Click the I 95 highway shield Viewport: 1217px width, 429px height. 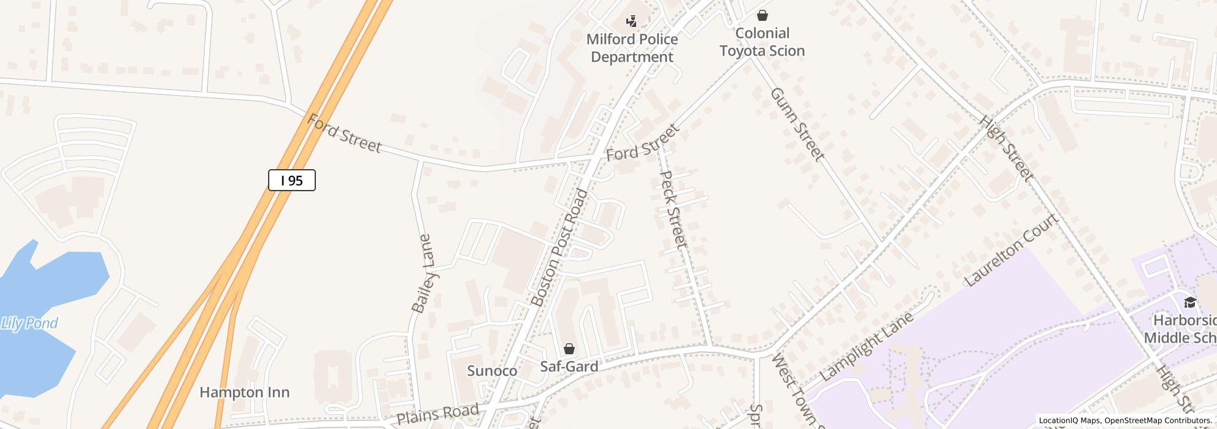click(292, 180)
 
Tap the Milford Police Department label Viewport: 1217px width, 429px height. click(632, 48)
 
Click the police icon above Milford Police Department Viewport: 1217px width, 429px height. click(631, 22)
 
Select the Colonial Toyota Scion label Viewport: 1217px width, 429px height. click(762, 42)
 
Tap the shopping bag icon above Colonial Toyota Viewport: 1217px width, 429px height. click(762, 15)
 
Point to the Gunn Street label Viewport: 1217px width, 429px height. click(796, 124)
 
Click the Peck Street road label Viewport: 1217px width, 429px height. click(672, 210)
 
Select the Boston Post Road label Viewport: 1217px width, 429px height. click(559, 248)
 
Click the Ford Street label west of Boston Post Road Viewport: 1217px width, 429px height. click(344, 133)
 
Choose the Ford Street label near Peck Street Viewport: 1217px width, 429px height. click(643, 142)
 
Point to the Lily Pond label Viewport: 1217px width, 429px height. click(29, 323)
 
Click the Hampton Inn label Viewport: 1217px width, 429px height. click(244, 392)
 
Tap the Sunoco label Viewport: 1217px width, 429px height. click(492, 371)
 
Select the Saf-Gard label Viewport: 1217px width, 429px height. click(569, 366)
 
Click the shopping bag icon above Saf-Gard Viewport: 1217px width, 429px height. click(569, 349)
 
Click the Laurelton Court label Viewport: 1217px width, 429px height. click(1012, 250)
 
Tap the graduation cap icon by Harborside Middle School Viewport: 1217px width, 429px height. click(1189, 302)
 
